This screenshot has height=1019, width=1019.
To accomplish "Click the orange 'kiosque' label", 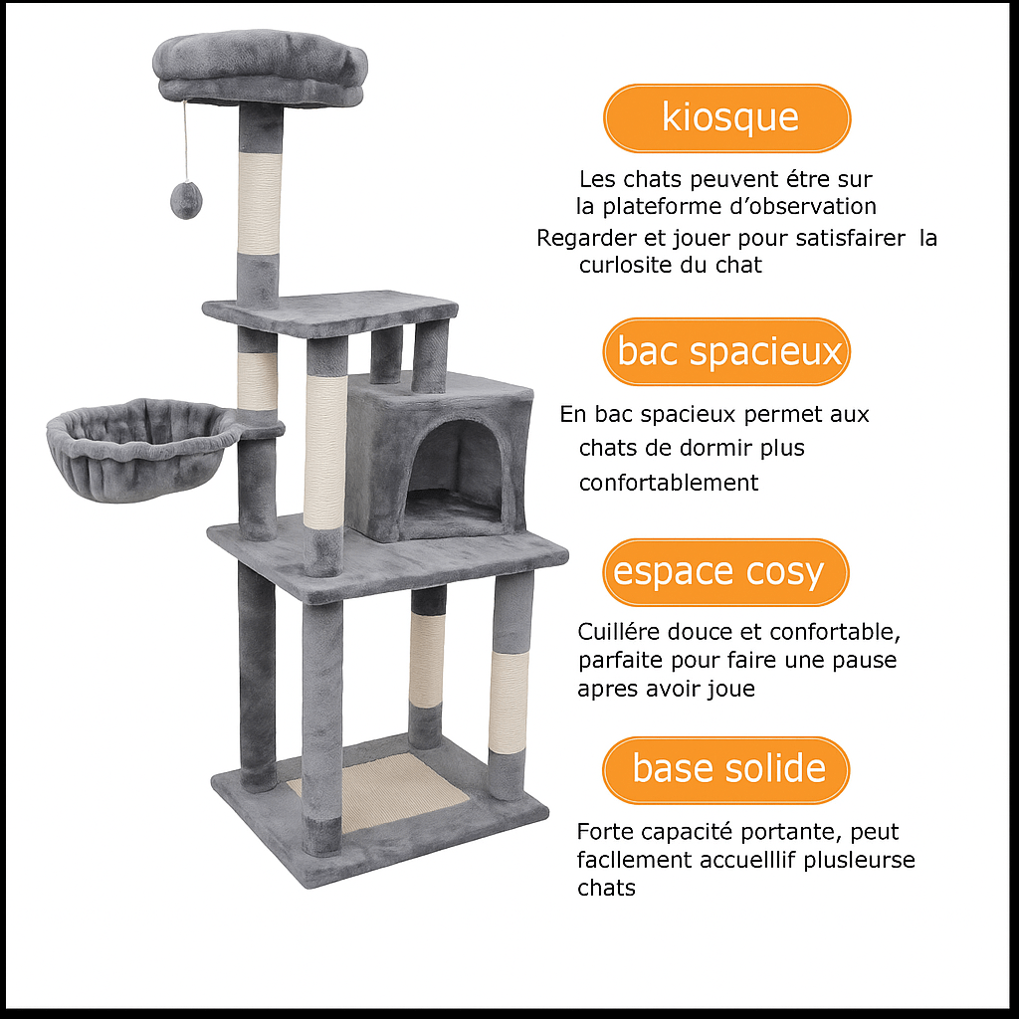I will point(727,117).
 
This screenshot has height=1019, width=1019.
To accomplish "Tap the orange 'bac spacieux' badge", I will point(727,351).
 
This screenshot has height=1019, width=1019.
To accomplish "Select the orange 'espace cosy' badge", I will point(725,572).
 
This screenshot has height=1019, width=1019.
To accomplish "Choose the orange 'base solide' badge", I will point(727,769).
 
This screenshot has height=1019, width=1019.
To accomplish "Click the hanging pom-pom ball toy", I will point(184,200).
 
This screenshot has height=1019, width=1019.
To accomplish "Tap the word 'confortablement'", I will point(669,484).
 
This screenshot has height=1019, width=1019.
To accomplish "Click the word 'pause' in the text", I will point(864,660).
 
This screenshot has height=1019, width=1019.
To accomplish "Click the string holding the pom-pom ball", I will point(184,139).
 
